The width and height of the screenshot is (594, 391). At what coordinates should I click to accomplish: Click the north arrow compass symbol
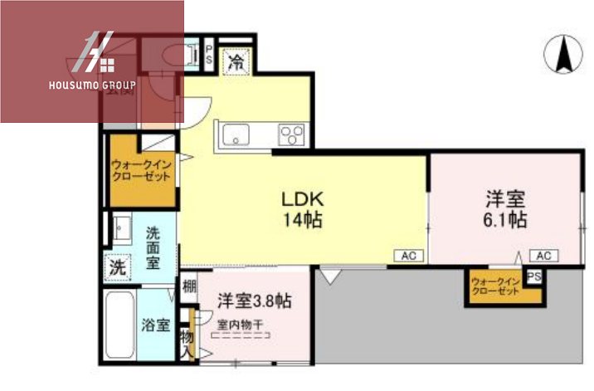point(562,55)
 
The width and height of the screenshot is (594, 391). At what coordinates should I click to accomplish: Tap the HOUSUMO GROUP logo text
point(91,85)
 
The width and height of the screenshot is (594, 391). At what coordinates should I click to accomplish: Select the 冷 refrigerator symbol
point(236,61)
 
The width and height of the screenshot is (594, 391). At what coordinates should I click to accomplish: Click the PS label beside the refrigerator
point(209,56)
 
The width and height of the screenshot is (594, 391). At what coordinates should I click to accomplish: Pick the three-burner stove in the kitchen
point(291,134)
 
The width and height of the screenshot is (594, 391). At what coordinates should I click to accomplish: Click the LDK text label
point(301,200)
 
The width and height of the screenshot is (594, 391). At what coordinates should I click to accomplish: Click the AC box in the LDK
point(409,255)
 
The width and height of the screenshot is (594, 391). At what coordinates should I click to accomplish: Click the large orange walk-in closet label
point(142,171)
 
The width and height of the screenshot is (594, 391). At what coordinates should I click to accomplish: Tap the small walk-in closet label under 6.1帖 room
point(495,285)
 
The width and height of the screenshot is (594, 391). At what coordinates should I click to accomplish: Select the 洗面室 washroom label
point(153,247)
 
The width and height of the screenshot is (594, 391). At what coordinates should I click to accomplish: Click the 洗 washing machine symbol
point(119,268)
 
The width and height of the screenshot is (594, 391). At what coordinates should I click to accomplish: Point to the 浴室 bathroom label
point(155,324)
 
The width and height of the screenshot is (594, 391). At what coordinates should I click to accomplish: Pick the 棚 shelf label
point(190,289)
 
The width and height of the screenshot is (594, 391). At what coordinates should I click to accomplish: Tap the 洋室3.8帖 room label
point(254,300)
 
